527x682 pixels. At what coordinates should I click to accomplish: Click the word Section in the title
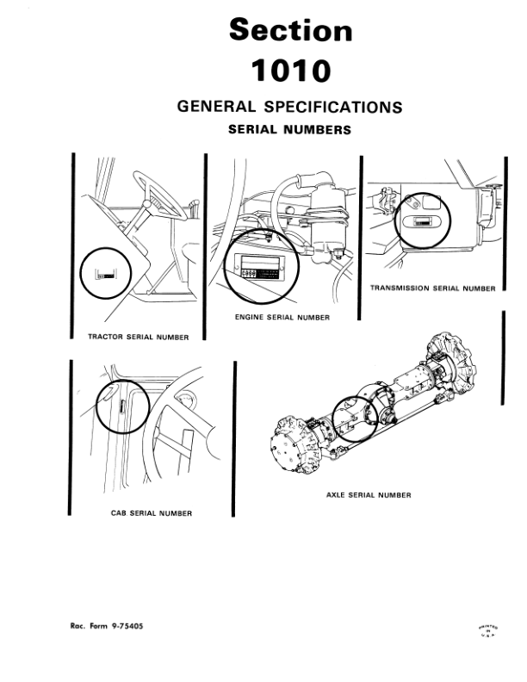290,30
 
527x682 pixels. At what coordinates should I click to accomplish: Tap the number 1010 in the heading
290,71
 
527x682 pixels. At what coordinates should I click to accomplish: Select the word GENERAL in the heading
214,108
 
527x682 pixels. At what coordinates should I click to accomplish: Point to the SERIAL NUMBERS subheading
289,131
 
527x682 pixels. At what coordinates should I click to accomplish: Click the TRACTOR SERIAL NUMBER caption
139,336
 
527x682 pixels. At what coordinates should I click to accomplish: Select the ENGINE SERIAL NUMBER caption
282,318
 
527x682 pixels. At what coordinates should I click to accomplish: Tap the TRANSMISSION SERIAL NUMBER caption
432,288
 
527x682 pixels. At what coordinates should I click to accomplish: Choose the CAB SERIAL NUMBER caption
152,513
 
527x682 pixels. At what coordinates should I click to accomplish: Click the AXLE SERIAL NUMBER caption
369,495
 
